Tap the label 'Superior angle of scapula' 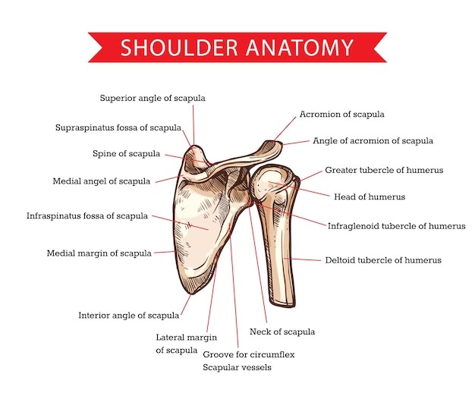click(153, 98)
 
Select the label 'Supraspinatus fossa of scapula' click(118, 127)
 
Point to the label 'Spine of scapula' click(126, 153)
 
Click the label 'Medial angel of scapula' click(101, 181)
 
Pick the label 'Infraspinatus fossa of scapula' click(87, 216)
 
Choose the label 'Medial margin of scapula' click(99, 253)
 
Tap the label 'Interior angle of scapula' click(129, 315)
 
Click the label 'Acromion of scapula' click(341, 115)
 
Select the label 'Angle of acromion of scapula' click(373, 140)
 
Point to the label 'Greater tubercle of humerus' click(384, 170)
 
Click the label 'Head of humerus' click(370, 196)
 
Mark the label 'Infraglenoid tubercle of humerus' click(396, 225)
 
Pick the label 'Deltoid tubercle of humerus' click(383, 260)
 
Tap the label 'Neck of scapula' click(282, 332)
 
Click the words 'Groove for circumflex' click(248, 354)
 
